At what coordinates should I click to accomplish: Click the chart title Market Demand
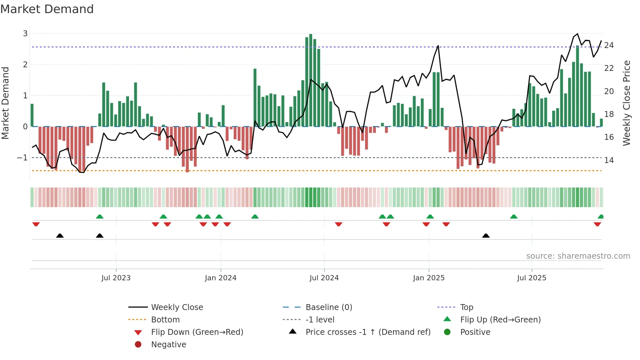[47, 9]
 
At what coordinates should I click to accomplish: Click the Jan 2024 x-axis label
[220, 278]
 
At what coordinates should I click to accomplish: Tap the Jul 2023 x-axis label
[116, 278]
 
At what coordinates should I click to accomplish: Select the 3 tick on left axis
[25, 34]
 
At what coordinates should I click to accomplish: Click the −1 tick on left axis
[23, 158]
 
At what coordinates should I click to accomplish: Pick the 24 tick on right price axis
[609, 45]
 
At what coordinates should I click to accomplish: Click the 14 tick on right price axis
[609, 160]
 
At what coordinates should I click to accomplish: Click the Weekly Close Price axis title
[626, 103]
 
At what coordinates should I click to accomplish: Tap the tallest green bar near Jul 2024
[311, 80]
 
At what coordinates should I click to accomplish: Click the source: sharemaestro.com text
[578, 256]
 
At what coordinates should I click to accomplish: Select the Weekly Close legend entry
[177, 307]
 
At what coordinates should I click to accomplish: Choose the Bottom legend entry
[165, 320]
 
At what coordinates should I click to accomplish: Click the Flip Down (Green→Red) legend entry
[197, 332]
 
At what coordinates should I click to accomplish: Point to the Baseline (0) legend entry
[328, 307]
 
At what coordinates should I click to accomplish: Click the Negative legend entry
[168, 345]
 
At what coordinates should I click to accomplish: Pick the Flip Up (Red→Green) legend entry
[500, 320]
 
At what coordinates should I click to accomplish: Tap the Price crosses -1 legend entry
[368, 332]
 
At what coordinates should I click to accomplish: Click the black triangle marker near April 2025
[486, 236]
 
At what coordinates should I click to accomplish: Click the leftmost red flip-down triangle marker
[36, 224]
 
